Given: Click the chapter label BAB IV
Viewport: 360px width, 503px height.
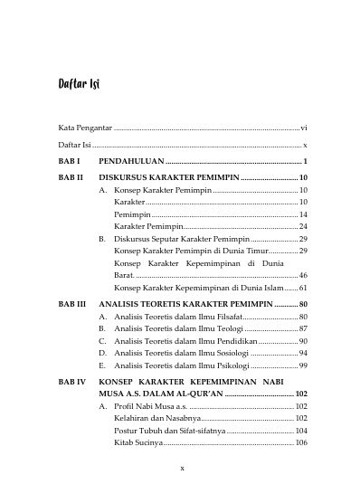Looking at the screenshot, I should click(x=70, y=384).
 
